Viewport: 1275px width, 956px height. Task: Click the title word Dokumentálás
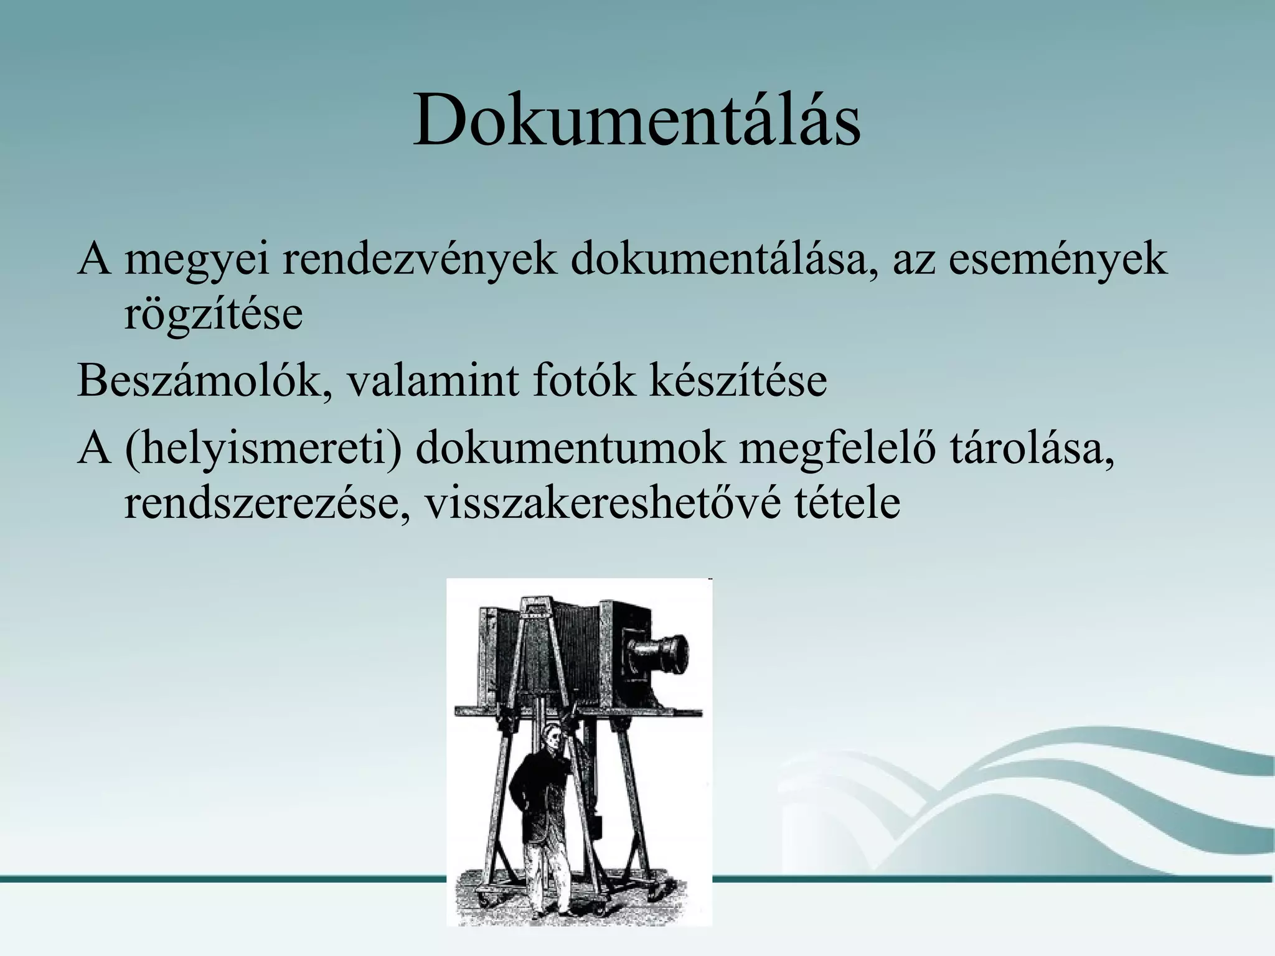637,119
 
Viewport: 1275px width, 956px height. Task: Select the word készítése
738,380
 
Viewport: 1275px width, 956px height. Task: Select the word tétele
847,503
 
